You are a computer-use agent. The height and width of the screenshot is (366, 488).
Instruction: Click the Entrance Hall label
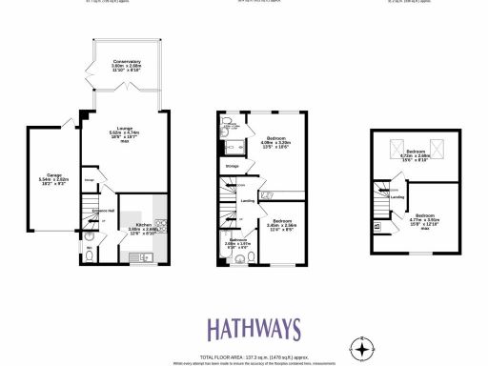click(102, 211)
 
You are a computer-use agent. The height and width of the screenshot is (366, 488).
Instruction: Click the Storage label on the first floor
click(233, 167)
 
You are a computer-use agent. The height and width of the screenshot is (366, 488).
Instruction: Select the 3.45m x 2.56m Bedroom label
click(281, 222)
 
